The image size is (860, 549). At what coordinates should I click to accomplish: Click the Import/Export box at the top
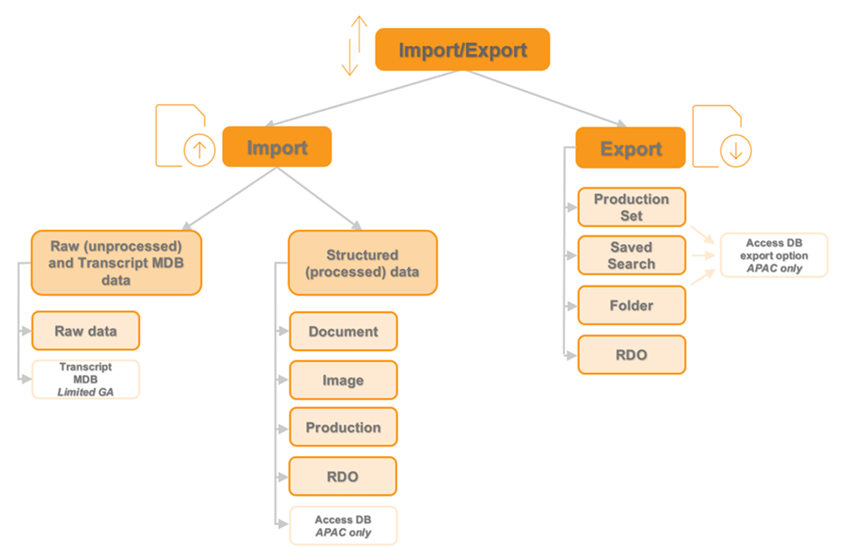tap(463, 50)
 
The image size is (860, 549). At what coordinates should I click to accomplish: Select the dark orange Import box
tap(277, 148)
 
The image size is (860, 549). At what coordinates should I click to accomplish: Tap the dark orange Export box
tap(631, 148)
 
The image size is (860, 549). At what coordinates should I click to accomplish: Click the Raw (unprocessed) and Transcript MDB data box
tap(116, 263)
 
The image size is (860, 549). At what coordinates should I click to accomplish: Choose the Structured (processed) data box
tap(362, 263)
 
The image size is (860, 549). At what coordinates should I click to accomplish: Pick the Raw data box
tap(85, 331)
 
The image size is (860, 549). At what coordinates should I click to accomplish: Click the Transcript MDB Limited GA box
tap(85, 379)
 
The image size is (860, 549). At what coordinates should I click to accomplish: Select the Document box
tap(343, 332)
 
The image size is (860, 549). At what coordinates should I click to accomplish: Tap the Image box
tap(343, 380)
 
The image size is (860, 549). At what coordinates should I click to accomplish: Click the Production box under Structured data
tap(343, 428)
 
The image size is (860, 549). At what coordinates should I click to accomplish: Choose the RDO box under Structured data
tap(343, 476)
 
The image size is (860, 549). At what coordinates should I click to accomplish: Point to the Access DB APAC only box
tap(343, 526)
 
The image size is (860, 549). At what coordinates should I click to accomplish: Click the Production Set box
tap(631, 207)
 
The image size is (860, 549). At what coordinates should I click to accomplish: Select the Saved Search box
tap(631, 256)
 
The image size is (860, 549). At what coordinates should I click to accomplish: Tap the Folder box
tap(631, 305)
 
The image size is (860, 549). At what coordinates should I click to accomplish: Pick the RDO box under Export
tap(631, 354)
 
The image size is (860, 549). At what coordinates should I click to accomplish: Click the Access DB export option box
tap(774, 255)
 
